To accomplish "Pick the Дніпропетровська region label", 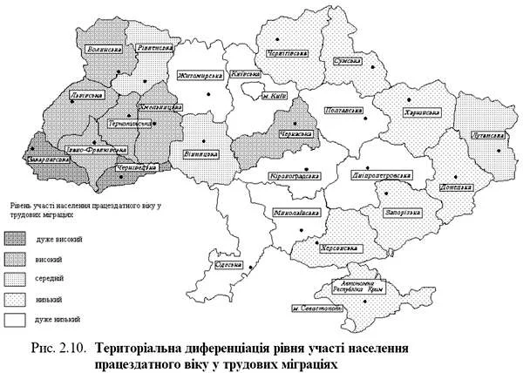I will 381,173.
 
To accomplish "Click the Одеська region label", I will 228,264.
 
